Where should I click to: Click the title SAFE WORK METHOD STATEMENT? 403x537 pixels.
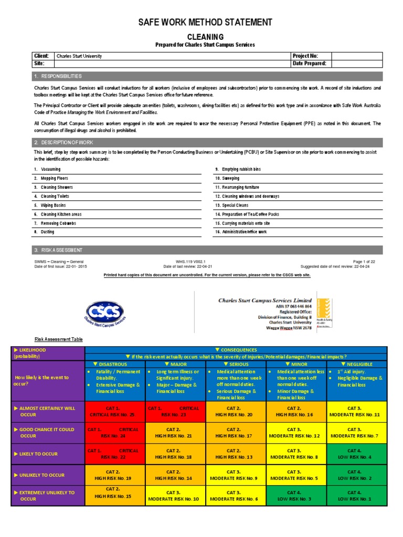(205, 22)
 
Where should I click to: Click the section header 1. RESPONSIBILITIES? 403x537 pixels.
(58, 76)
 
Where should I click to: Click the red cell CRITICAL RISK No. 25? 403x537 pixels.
(114, 411)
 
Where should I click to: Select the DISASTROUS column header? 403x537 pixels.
(114, 364)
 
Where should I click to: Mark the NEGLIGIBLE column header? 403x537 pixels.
(357, 364)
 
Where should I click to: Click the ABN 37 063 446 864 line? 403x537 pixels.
(293, 306)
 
